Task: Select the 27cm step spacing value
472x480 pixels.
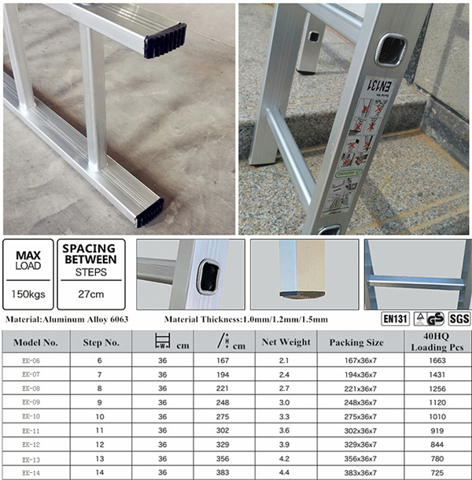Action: click(88, 295)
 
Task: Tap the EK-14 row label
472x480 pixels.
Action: click(31, 473)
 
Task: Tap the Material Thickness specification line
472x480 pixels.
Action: click(246, 319)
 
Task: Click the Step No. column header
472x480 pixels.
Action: click(101, 342)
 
